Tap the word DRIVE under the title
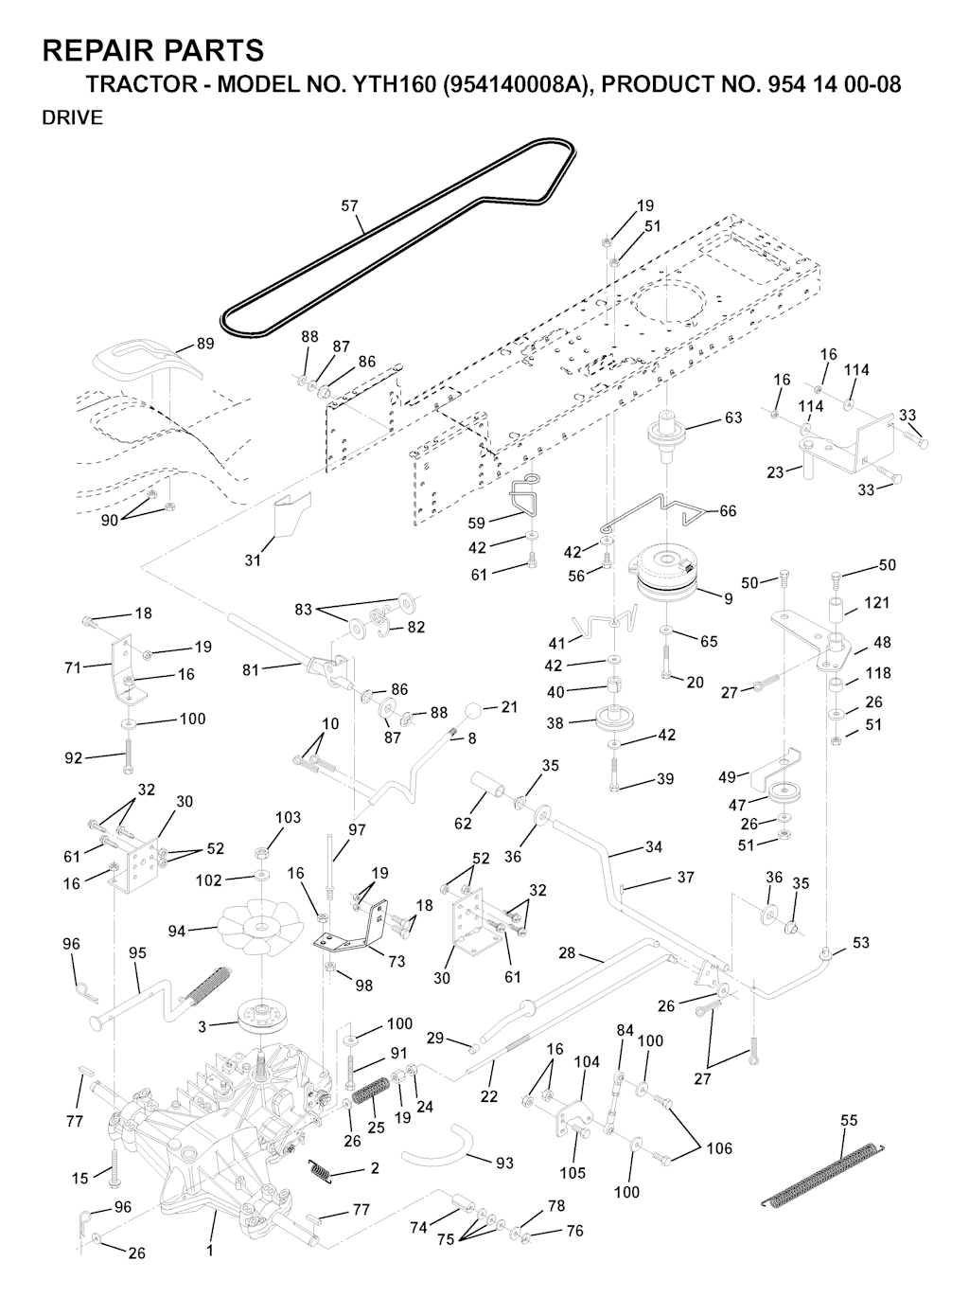(x=73, y=118)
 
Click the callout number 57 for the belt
(x=349, y=204)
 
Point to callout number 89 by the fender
(x=204, y=345)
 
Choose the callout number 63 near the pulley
(x=732, y=418)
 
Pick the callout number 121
(x=876, y=603)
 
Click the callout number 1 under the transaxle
(x=209, y=1250)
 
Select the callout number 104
(x=587, y=1062)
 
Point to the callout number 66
(x=728, y=511)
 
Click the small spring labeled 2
(x=322, y=1171)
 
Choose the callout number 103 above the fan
(x=288, y=818)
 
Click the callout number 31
(x=253, y=560)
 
